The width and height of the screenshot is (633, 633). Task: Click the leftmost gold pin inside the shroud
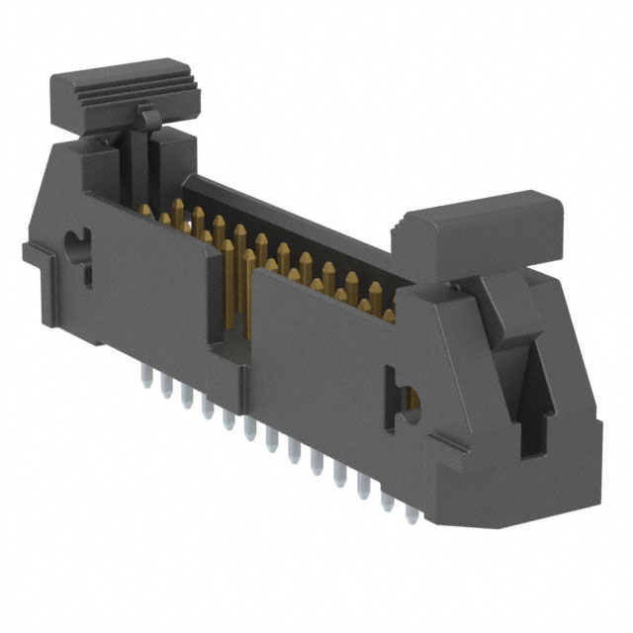pyautogui.click(x=178, y=213)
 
